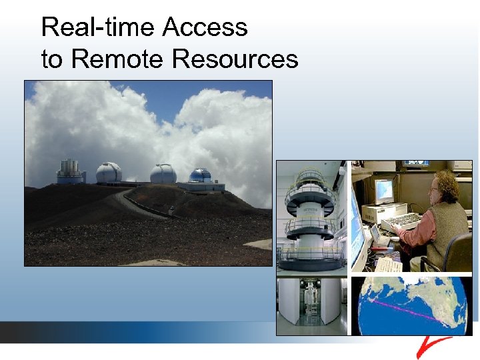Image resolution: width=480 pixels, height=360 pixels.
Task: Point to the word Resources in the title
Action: coord(235,59)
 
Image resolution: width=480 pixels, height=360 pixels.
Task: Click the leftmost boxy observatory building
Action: coord(70,172)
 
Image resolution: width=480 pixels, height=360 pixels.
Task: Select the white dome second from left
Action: coord(109,173)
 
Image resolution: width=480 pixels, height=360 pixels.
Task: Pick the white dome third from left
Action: coord(163,173)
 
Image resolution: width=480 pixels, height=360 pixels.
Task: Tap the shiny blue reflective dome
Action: coord(200,175)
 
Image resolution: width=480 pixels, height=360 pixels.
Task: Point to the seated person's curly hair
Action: coord(446,185)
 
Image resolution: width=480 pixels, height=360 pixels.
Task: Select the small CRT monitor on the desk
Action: coord(384,192)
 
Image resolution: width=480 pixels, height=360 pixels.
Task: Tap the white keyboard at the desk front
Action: coord(389,265)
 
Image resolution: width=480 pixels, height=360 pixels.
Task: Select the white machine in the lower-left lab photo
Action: coord(311,303)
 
